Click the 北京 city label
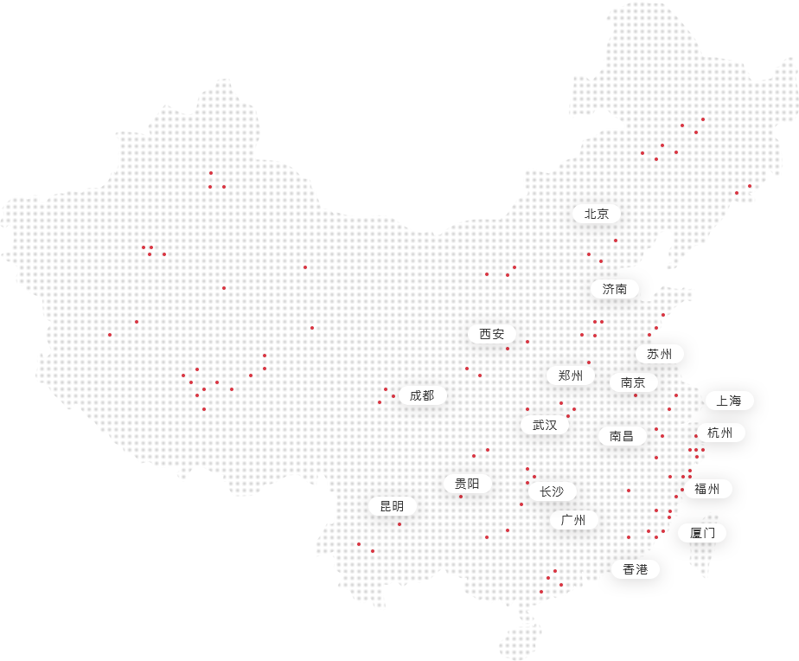click(597, 214)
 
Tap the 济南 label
click(615, 289)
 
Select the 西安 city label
click(492, 334)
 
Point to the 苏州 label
click(659, 354)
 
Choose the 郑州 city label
click(571, 375)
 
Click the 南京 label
click(634, 382)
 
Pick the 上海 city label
click(729, 401)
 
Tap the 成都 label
click(422, 395)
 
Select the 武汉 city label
click(545, 425)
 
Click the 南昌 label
click(622, 436)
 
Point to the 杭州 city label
click(719, 433)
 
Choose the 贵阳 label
click(467, 484)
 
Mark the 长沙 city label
click(552, 491)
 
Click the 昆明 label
click(392, 506)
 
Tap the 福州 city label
click(707, 489)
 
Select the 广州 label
click(573, 520)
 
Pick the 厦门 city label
click(702, 532)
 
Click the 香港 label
click(635, 569)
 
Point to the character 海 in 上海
click(736, 401)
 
